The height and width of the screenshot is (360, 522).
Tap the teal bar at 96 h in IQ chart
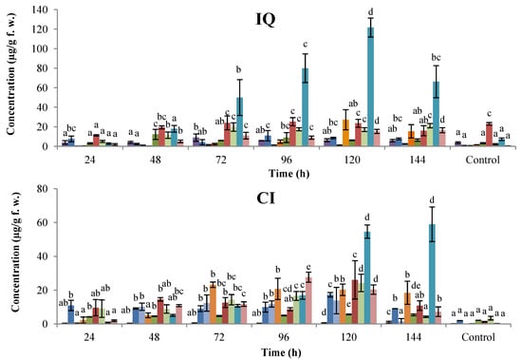point(306,107)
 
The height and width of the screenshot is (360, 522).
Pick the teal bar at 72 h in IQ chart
point(241,122)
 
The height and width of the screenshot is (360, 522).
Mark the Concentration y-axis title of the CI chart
point(11,256)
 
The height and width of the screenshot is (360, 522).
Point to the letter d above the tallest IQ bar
point(370,11)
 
